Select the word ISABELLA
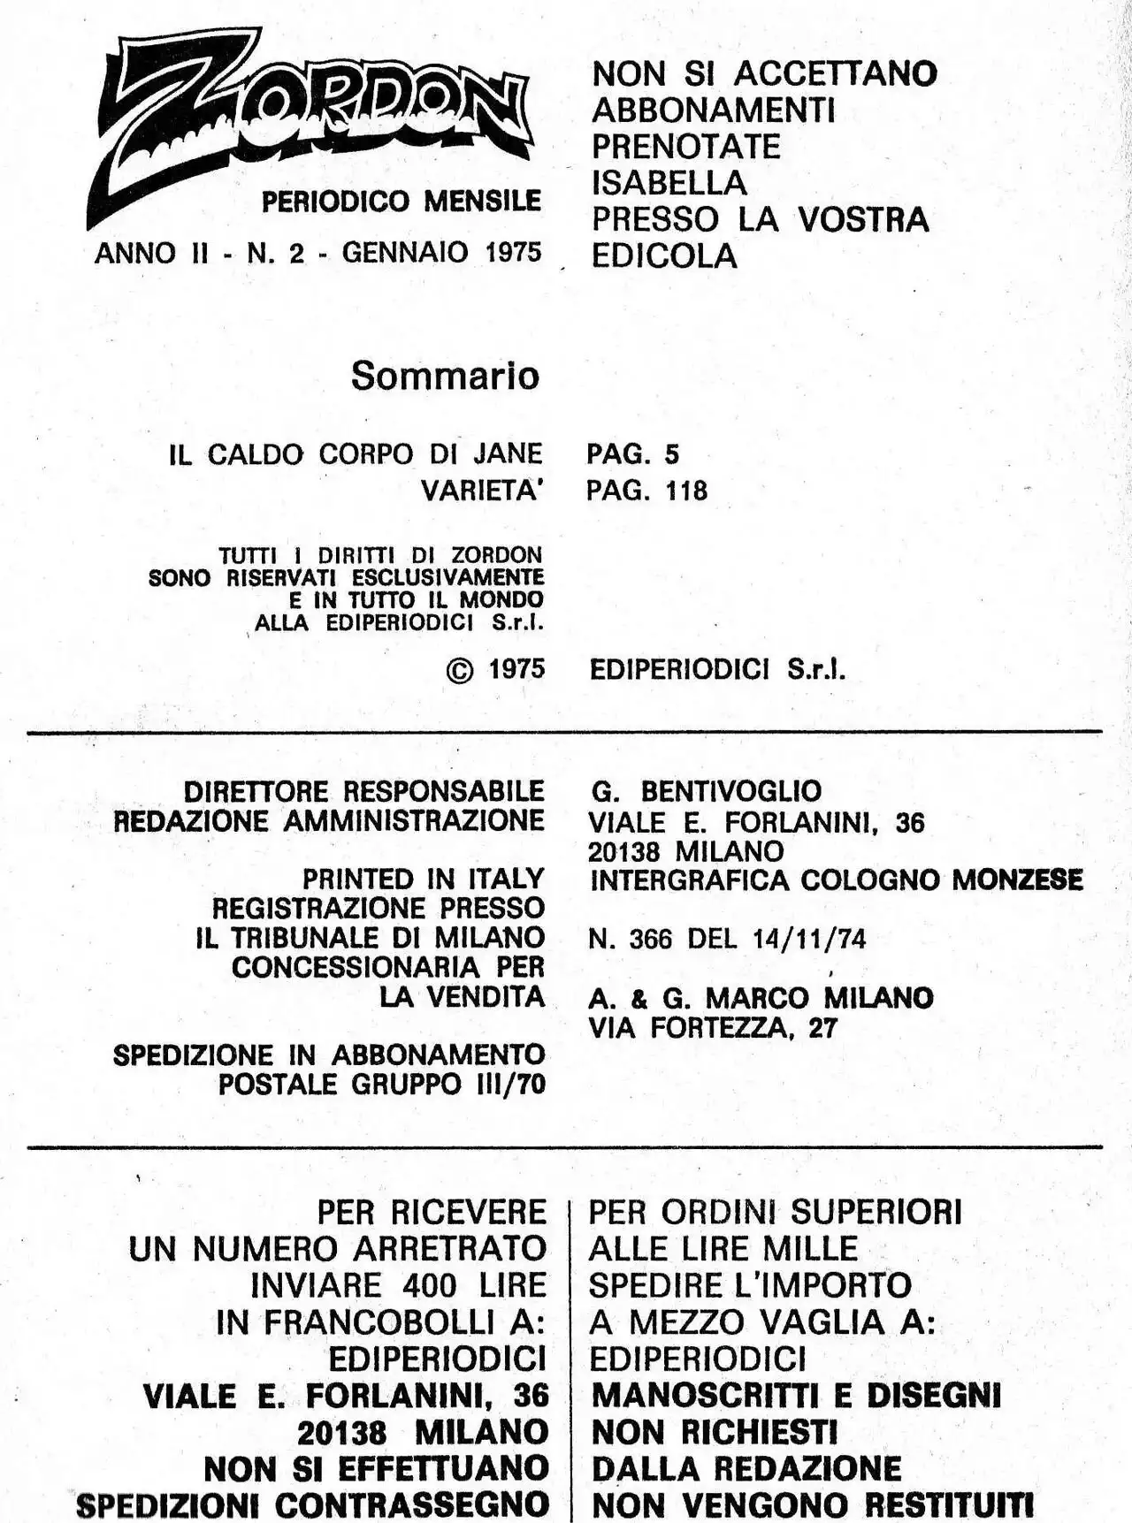point(669,183)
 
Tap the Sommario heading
point(445,376)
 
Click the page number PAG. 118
point(646,491)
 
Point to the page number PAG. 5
point(632,454)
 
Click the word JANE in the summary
point(507,454)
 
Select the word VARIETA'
point(480,491)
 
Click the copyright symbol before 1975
point(460,671)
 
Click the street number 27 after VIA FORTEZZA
point(822,1028)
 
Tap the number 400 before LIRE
point(429,1285)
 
